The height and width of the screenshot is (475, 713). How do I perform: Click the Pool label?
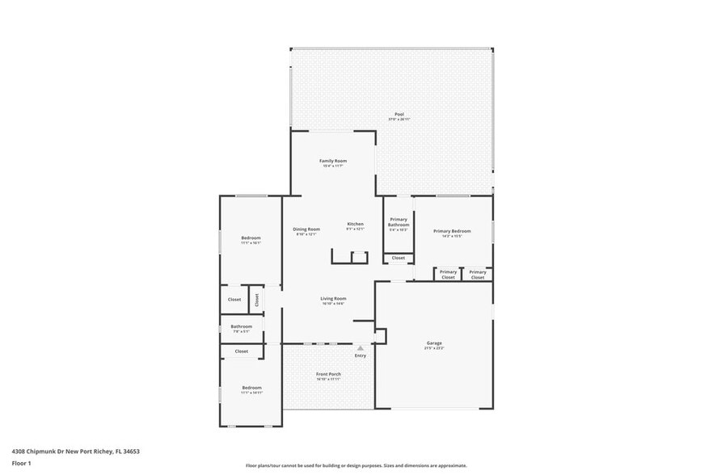click(x=399, y=114)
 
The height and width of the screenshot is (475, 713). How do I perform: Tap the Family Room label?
click(x=333, y=161)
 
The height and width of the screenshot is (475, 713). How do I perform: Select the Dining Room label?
click(x=306, y=229)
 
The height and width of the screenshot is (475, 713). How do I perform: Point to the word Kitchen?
click(x=356, y=224)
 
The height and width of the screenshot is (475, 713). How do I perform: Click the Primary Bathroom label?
click(x=399, y=222)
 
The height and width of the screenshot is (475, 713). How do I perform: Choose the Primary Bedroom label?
click(x=452, y=230)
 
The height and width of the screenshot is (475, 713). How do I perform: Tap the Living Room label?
click(x=333, y=298)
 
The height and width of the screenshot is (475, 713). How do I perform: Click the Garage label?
click(x=434, y=343)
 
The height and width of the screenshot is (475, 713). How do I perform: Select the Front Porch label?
click(x=328, y=374)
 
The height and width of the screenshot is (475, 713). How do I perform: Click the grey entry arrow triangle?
click(x=361, y=348)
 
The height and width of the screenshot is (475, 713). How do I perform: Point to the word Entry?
click(x=361, y=356)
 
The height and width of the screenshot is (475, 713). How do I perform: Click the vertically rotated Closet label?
click(x=257, y=299)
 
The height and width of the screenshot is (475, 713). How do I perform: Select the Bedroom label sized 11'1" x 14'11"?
click(x=251, y=388)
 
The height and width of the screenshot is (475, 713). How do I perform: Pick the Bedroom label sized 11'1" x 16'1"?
click(x=251, y=237)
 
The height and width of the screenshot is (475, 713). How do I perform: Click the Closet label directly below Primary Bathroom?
click(x=399, y=259)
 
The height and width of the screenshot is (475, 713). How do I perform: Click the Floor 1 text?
click(x=21, y=463)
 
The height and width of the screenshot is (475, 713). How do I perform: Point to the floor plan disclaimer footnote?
click(x=356, y=466)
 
